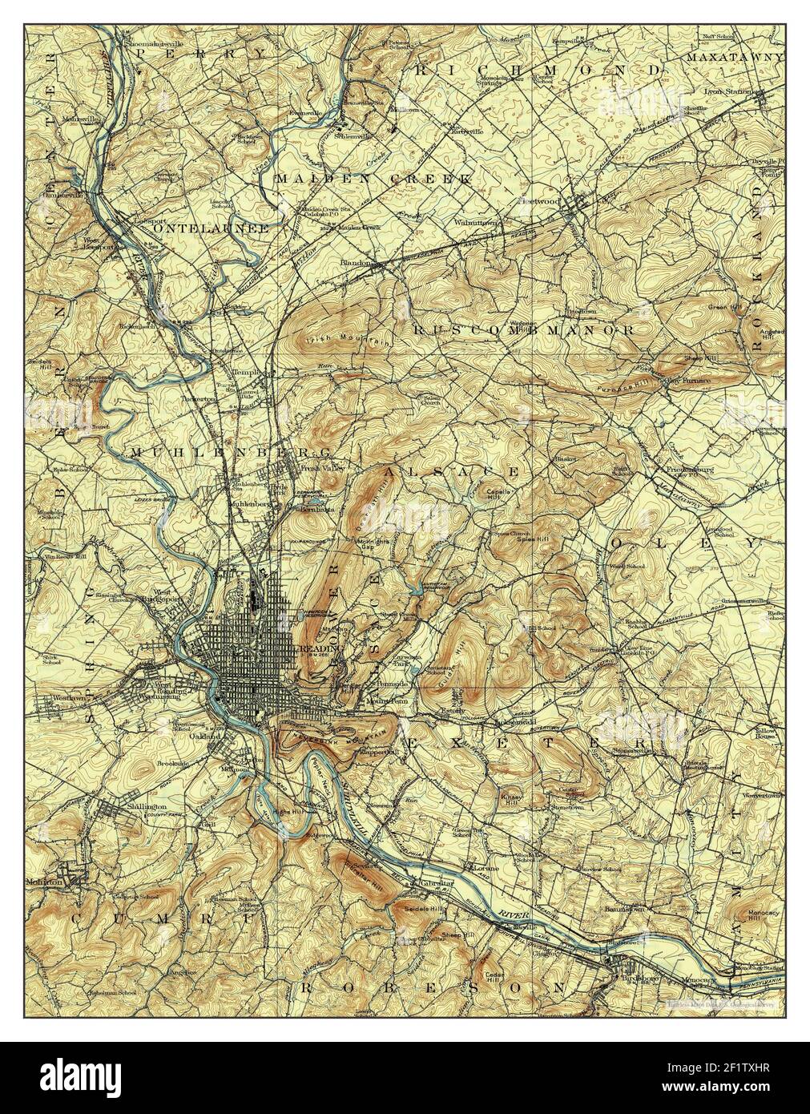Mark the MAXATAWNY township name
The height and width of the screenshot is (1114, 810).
(x=734, y=58)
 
